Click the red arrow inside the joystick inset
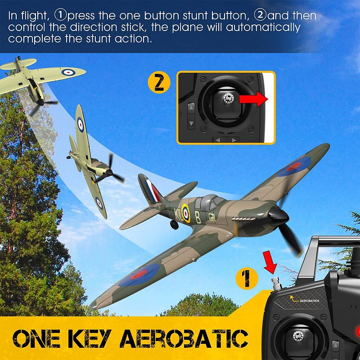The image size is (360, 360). [253, 100]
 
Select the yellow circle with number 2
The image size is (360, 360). [159, 82]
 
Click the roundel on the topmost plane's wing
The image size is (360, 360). [67, 71]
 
